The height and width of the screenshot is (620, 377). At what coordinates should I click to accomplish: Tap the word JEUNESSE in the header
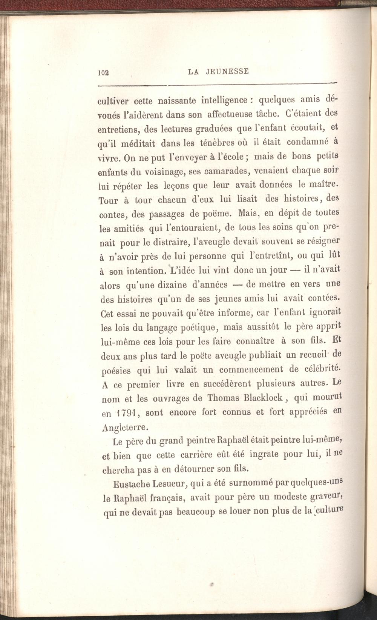pyautogui.click(x=227, y=71)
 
